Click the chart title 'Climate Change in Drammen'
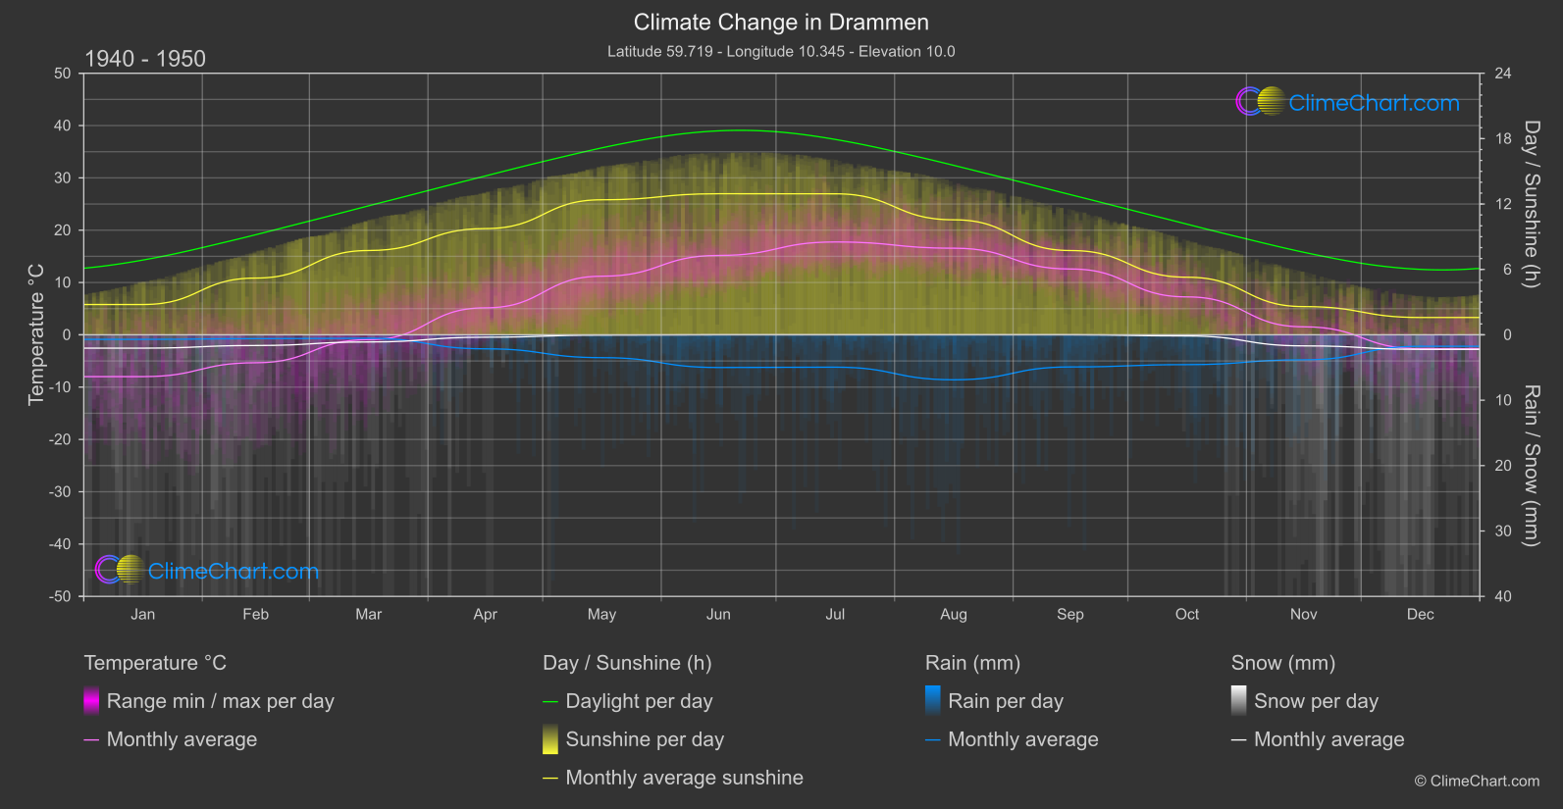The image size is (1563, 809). click(x=781, y=22)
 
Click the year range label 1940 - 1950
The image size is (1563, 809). click(x=145, y=59)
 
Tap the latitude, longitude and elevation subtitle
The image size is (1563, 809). click(x=781, y=51)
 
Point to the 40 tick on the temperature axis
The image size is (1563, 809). click(x=63, y=126)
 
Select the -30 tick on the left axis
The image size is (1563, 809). click(x=60, y=492)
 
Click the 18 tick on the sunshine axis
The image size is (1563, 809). click(x=1502, y=139)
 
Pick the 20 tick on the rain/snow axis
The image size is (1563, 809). click(x=1502, y=466)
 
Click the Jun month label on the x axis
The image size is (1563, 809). click(x=718, y=615)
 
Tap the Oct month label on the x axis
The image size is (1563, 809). click(x=1187, y=615)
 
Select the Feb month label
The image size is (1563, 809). click(x=255, y=615)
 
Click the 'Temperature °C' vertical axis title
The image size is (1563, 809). click(x=36, y=334)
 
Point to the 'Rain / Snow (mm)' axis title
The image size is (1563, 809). click(x=1531, y=466)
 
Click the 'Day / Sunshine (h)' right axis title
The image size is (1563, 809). click(x=1531, y=204)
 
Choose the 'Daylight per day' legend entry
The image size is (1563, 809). click(x=639, y=701)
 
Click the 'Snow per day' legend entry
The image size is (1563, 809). click(x=1316, y=701)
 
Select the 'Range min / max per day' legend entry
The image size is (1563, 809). click(x=220, y=701)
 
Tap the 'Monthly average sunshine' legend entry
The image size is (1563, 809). click(x=684, y=778)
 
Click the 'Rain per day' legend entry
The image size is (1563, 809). click(x=1005, y=701)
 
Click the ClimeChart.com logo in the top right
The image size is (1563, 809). click(x=1348, y=102)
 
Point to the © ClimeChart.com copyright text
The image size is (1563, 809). click(x=1477, y=782)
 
